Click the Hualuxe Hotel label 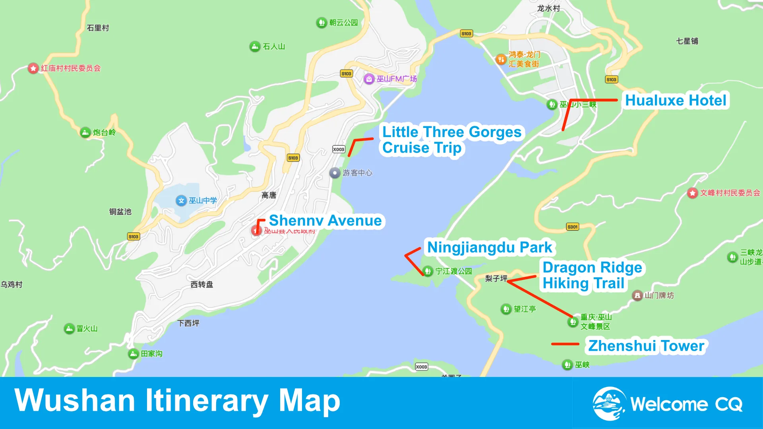pos(676,100)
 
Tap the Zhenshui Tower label pos(646,346)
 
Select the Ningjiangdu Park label pos(489,247)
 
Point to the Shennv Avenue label pos(325,220)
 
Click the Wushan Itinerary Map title pos(177,400)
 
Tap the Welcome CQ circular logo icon pos(608,404)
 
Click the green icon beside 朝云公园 pos(321,23)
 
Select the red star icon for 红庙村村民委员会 pos(33,68)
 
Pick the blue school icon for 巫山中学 pos(181,201)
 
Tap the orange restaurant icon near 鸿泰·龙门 pos(501,60)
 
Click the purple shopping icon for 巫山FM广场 pos(369,79)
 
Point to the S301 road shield pos(572,227)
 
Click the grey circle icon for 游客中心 pos(335,173)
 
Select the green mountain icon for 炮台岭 pos(85,132)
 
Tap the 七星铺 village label pos(687,41)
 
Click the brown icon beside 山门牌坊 pos(637,296)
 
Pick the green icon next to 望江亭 pos(506,309)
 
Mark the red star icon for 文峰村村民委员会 pos(693,193)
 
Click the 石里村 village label pos(98,28)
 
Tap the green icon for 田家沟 pos(134,354)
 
